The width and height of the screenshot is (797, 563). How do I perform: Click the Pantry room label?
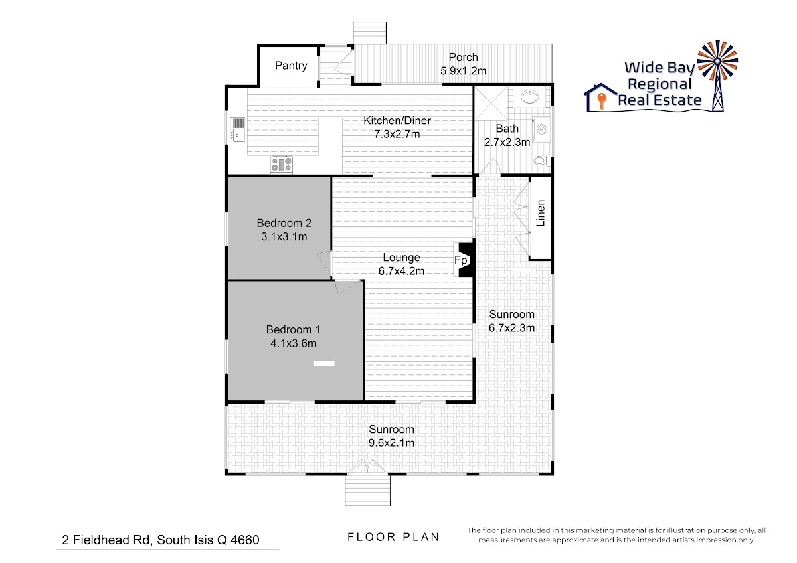point(291,66)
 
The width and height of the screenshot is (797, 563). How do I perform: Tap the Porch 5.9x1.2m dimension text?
point(463,71)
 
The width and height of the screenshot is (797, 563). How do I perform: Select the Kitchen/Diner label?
point(397,121)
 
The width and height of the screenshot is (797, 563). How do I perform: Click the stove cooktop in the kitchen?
point(282,165)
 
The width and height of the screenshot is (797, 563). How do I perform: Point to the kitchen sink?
point(237,130)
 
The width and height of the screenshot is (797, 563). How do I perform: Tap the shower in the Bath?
point(491,103)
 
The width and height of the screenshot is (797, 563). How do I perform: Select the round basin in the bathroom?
point(530,97)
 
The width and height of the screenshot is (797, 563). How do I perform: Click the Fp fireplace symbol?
point(464,260)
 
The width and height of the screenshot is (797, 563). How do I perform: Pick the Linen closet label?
point(541,213)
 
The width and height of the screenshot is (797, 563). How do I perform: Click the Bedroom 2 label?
point(284,223)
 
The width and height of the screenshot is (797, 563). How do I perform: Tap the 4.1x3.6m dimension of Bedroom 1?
point(293,343)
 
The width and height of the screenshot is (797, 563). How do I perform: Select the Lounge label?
point(401,257)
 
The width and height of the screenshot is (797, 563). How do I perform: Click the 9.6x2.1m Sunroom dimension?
point(391,443)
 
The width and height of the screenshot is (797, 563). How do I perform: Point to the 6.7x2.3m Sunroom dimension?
point(511,327)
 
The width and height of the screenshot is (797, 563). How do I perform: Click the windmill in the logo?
point(718,76)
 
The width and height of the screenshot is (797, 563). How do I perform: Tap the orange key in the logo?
point(601,101)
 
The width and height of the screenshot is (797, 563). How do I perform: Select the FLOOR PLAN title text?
point(393,537)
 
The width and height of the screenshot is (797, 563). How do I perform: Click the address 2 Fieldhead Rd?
point(107,540)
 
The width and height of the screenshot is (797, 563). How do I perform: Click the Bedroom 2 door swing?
point(325,265)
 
